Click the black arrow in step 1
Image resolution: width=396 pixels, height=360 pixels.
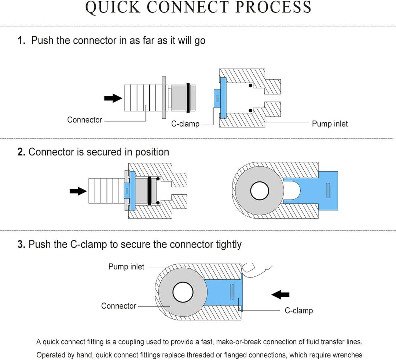(113, 98)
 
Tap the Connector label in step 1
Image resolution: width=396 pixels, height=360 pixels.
(85, 120)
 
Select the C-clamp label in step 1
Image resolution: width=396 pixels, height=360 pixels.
(185, 124)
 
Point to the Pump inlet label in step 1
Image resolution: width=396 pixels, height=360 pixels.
(330, 124)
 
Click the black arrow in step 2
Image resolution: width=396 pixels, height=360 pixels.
(78, 191)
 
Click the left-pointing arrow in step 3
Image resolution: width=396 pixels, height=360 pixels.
(280, 294)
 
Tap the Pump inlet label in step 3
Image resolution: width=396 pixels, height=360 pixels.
(126, 267)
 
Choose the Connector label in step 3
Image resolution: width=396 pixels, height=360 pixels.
(118, 306)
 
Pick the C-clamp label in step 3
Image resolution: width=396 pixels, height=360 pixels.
(298, 311)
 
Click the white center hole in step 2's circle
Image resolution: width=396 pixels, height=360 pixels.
(260, 191)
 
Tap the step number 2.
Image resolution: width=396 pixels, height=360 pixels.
(21, 152)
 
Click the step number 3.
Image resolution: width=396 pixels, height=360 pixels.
(21, 244)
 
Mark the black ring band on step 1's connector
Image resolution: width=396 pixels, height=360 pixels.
(188, 98)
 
